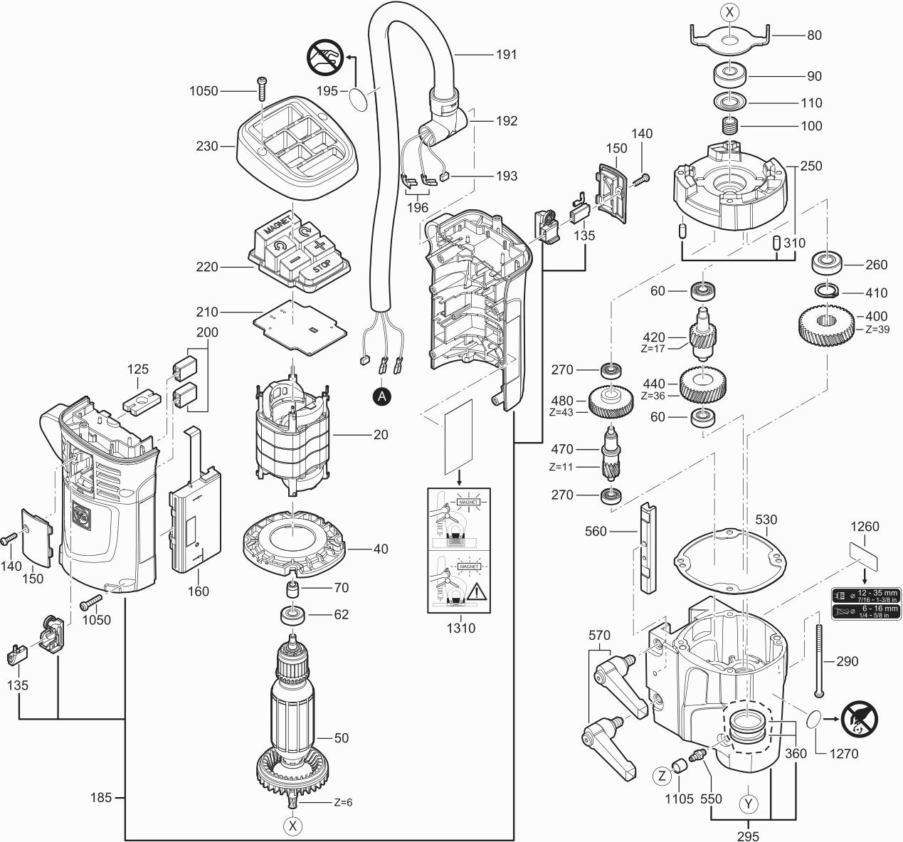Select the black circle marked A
[x=382, y=396]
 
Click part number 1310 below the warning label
[x=460, y=628]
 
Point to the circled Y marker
[x=748, y=804]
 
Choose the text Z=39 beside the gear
[x=877, y=330]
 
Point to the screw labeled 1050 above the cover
[x=263, y=87]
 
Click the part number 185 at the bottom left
[x=101, y=797]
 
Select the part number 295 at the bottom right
[x=747, y=836]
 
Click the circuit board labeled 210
[x=299, y=326]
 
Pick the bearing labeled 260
[x=828, y=264]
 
